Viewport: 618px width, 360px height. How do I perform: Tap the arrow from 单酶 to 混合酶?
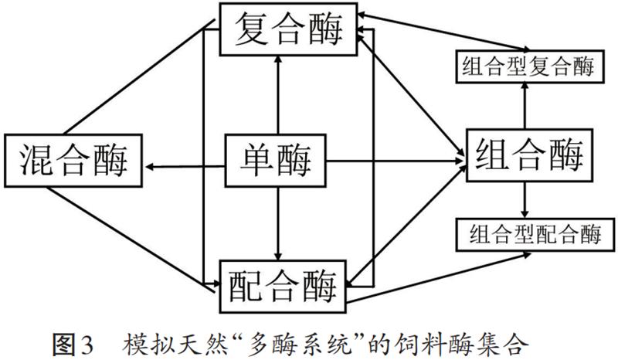point(185,165)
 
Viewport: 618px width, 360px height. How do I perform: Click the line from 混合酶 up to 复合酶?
point(136,77)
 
